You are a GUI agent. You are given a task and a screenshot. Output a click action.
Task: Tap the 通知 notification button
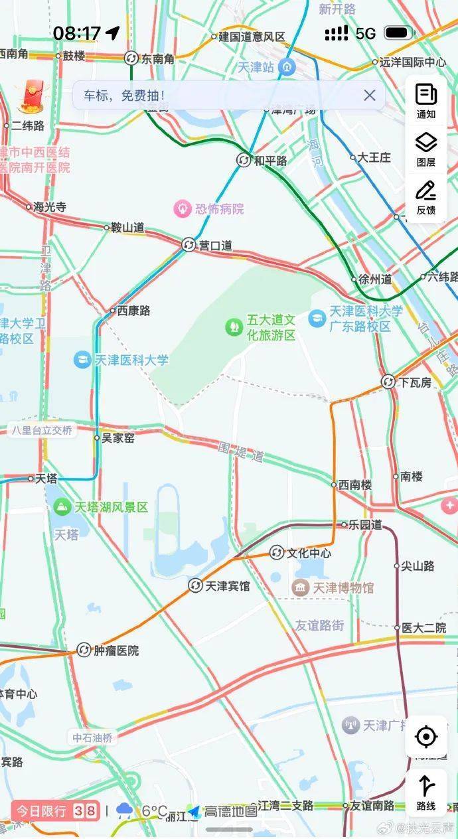(426, 101)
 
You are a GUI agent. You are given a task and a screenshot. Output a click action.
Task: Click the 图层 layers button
(426, 149)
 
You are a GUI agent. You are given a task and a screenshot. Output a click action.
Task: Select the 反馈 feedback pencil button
(426, 197)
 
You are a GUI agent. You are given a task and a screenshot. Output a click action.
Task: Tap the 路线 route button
(426, 793)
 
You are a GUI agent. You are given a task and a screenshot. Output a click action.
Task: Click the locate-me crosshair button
(426, 736)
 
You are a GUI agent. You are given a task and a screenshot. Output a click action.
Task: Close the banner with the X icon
(370, 96)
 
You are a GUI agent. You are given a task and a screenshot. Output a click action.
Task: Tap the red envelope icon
(30, 96)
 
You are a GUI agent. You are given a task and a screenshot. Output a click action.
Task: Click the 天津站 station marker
(287, 66)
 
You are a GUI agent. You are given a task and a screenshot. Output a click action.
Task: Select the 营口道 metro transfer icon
(189, 245)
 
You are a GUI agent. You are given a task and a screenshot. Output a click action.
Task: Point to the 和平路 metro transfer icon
(244, 160)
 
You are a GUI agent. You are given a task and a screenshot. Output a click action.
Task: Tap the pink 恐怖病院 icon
(182, 209)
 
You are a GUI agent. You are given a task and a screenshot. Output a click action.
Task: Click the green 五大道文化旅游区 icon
(234, 327)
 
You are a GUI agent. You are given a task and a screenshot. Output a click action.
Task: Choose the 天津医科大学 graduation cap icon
(82, 360)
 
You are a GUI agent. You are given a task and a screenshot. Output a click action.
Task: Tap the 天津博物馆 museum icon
(300, 587)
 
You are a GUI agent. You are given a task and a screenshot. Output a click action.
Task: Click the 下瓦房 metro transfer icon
(388, 382)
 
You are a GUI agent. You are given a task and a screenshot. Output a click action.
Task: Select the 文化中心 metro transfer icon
(276, 552)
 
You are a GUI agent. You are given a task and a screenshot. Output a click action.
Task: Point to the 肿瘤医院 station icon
(84, 650)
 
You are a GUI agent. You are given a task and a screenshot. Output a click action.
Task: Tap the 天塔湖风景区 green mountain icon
(62, 507)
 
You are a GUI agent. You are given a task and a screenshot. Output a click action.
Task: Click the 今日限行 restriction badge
(55, 810)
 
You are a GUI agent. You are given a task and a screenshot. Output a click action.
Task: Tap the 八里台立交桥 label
(41, 430)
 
